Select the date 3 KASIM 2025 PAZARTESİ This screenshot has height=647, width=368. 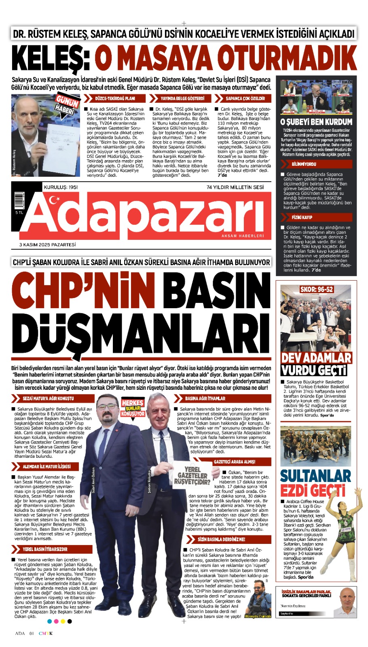(47, 245)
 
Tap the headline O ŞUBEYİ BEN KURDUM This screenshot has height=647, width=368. (316, 122)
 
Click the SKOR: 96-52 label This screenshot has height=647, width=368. (317, 290)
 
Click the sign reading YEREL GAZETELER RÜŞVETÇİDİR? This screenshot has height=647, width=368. (192, 476)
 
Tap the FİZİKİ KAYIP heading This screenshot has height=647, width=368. (302, 217)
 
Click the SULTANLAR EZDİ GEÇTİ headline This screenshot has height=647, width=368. (315, 483)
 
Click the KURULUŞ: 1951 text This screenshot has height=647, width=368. (61, 187)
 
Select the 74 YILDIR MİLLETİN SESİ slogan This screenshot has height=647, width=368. (235, 187)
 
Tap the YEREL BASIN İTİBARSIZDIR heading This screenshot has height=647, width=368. (45, 549)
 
